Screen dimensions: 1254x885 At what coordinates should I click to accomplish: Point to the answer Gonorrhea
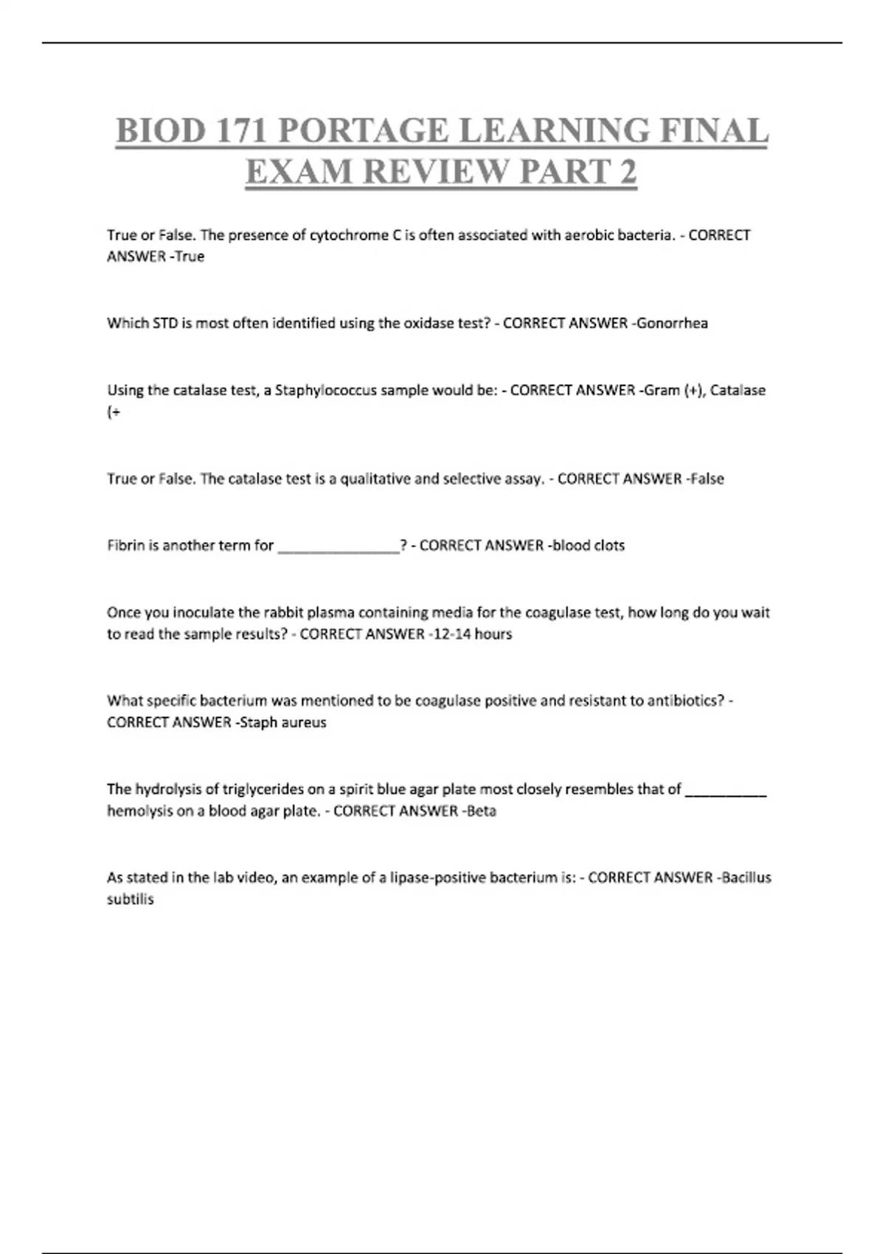point(671,323)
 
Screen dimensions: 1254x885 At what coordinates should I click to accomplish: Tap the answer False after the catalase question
point(706,479)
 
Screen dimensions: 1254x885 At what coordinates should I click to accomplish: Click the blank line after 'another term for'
point(339,547)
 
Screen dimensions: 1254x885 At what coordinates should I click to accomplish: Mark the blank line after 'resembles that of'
point(726,791)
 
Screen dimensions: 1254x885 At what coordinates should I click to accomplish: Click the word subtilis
point(131,900)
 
